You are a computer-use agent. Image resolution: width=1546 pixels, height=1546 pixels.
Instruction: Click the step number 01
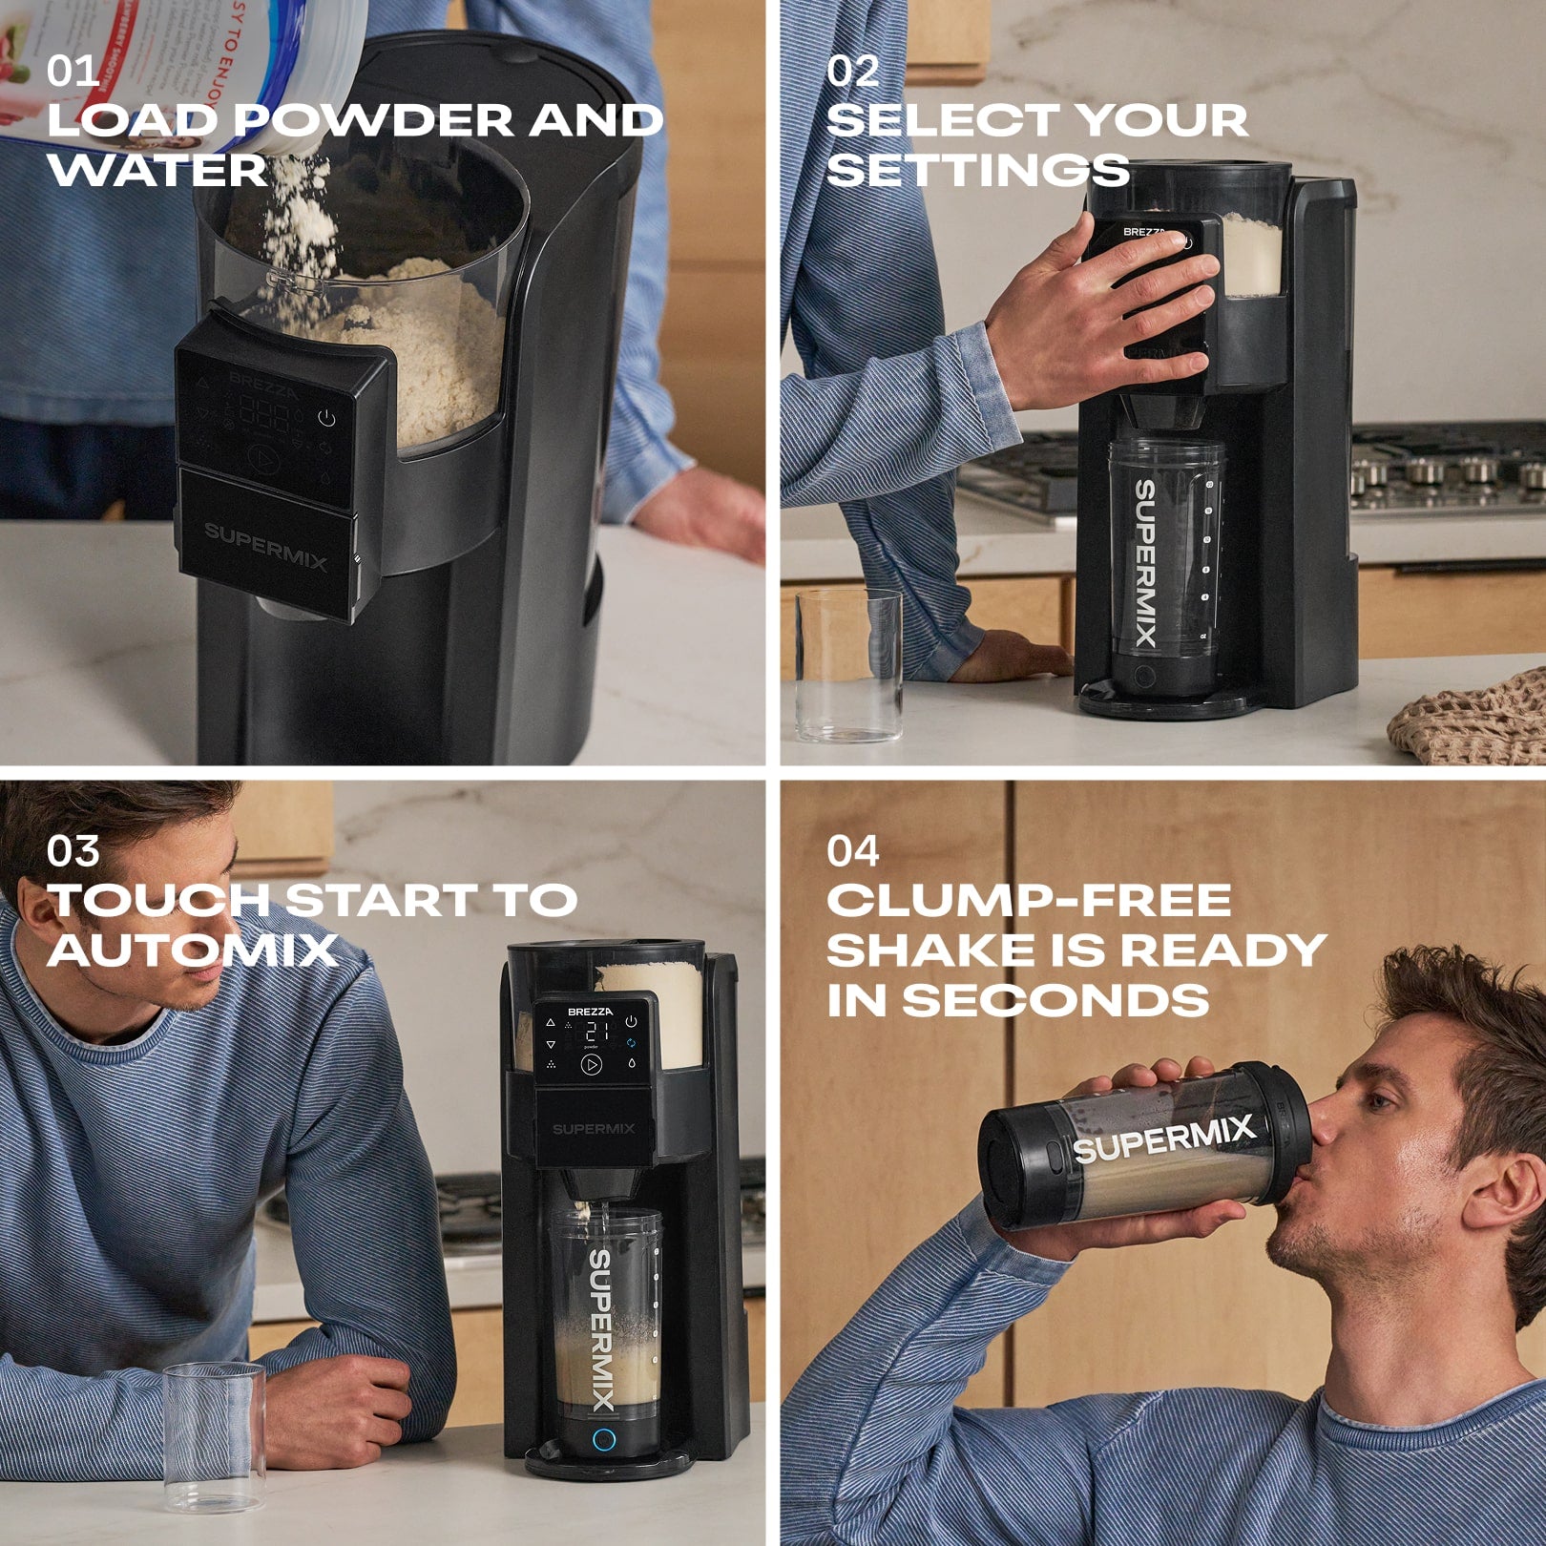[73, 72]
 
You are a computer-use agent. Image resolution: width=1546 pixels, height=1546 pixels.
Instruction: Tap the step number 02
[852, 72]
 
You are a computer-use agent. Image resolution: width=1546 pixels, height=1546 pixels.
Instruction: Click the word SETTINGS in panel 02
[977, 171]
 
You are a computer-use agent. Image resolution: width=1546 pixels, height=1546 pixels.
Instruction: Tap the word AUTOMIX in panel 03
[193, 951]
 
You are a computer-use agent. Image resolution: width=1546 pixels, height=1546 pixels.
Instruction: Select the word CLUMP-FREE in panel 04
[1029, 901]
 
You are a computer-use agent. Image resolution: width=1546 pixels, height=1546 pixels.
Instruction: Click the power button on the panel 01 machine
[326, 418]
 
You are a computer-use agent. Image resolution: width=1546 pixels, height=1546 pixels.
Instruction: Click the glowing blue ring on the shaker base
[603, 1440]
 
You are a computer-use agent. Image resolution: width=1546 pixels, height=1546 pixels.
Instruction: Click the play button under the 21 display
[591, 1065]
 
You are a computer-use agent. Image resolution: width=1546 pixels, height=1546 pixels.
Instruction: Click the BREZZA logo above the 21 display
[591, 1011]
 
